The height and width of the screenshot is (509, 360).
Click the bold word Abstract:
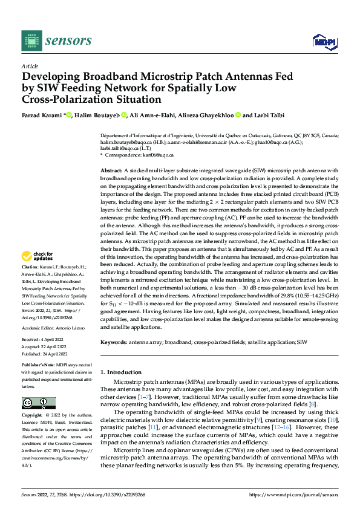[112, 171]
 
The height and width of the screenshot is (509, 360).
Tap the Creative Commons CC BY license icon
[39, 403]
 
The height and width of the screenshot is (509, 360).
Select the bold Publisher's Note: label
[38, 367]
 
